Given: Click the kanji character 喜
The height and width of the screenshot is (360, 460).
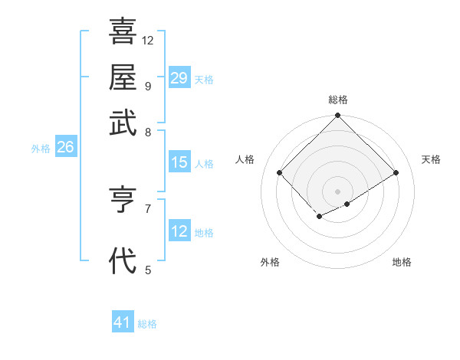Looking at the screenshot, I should tap(123, 32).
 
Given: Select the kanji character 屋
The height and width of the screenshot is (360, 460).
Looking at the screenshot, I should tap(123, 77).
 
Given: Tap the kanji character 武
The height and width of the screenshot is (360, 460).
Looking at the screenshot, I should tap(123, 123).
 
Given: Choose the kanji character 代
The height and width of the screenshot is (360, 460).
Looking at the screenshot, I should tap(123, 260).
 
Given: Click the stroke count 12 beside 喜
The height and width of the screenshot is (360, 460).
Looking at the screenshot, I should tap(148, 41).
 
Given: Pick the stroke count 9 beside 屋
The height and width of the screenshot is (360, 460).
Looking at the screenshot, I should tap(148, 86).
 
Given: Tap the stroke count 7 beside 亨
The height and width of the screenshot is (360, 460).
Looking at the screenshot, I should tap(148, 208).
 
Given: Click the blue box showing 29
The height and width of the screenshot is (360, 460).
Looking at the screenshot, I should tap(179, 78).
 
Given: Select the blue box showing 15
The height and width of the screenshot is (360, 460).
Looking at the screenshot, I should tap(179, 162).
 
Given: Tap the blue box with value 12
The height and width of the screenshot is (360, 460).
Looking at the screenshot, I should tap(179, 231).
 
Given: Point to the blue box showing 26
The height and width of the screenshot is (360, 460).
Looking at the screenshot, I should tap(65, 148).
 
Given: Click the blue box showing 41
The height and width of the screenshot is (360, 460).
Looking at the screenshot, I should tap(123, 322).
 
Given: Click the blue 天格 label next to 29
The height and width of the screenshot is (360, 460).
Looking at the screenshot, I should tap(204, 80).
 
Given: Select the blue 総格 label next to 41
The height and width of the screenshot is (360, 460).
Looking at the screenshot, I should tap(147, 324).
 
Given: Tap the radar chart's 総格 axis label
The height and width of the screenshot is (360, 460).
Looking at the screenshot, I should tap(338, 100).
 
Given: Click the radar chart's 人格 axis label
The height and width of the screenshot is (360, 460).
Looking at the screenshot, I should tap(245, 159).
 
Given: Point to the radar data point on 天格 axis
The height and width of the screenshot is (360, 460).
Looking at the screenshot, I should tap(396, 173).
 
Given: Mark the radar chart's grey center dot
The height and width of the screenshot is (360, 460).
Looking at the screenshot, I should tap(337, 191).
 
